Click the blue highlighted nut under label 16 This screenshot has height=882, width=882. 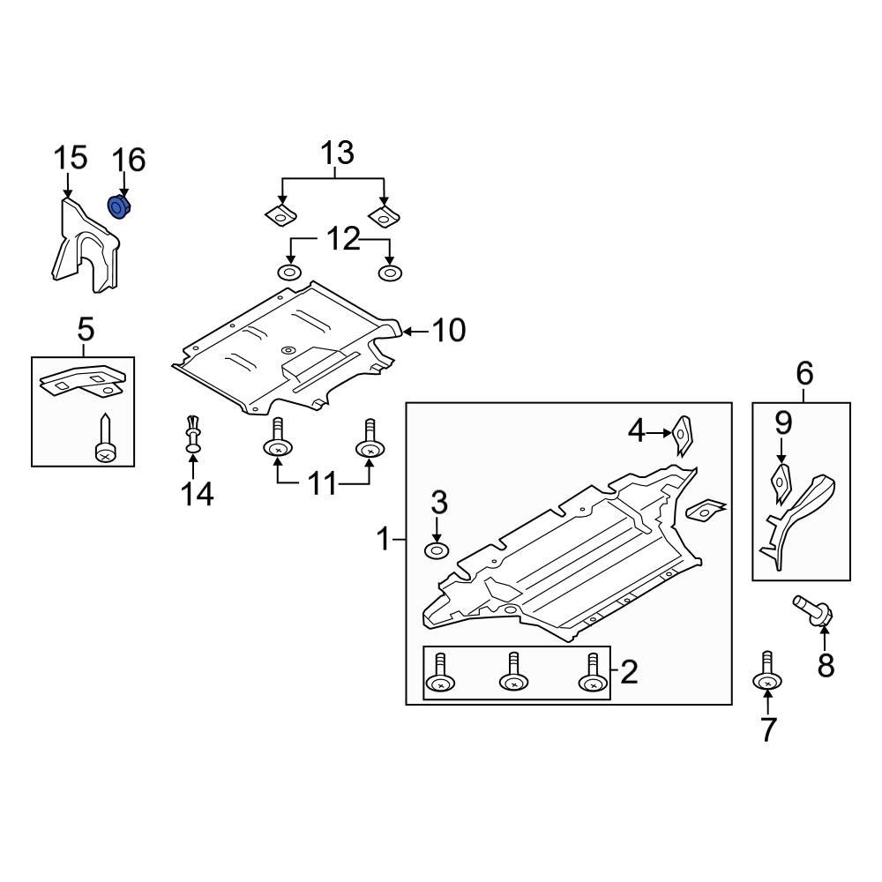point(118,207)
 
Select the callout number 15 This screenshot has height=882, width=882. point(71,159)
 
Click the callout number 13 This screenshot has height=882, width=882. point(337,153)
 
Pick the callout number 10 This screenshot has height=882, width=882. point(448,331)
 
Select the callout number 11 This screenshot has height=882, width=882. point(323,484)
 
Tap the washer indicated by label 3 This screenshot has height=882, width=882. point(437,551)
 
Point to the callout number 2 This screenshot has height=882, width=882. point(628,672)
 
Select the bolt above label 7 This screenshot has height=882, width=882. point(767,672)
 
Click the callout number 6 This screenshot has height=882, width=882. point(804,374)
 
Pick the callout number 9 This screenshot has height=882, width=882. point(783,423)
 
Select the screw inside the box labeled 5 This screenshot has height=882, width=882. point(105,439)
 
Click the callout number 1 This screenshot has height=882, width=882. point(384,538)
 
